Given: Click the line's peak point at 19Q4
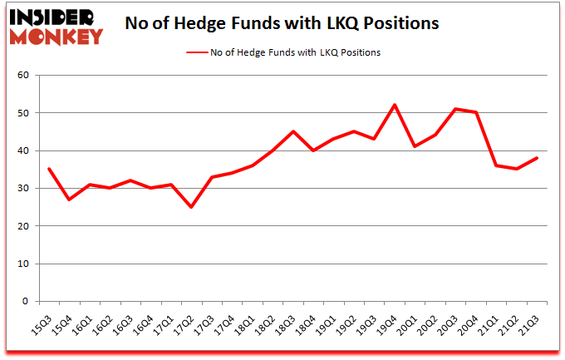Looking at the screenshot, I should [x=394, y=105].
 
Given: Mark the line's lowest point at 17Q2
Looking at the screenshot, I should [x=190, y=207].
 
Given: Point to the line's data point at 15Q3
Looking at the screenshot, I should [x=48, y=169].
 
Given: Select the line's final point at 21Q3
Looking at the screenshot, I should [x=537, y=158].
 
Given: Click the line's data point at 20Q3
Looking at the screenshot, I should [x=455, y=109].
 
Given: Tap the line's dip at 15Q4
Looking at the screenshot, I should [x=68, y=200].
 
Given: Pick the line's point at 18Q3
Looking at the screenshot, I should [x=292, y=131].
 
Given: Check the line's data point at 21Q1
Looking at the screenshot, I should [x=496, y=165].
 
